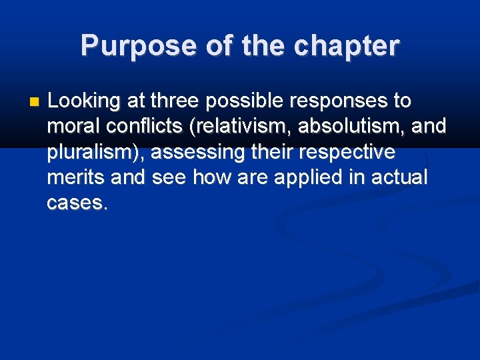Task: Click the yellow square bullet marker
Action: click(35, 102)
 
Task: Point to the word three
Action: click(175, 102)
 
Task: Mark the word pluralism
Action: click(95, 153)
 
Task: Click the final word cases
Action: click(76, 203)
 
